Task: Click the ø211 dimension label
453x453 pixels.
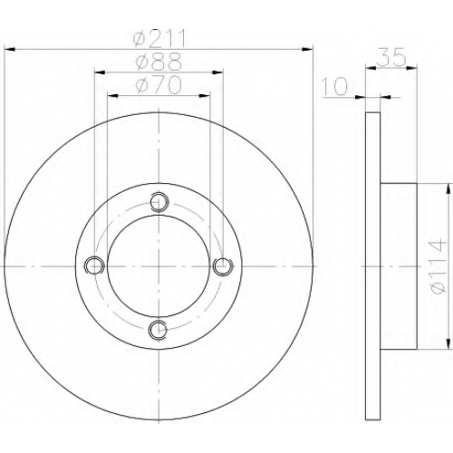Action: click(159, 38)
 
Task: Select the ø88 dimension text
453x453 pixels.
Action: click(159, 62)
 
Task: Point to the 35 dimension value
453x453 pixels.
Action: click(391, 56)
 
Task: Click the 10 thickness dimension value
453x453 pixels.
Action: click(334, 86)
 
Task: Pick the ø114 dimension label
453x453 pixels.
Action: click(439, 265)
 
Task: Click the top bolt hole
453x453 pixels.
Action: click(159, 201)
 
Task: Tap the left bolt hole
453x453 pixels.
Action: click(94, 265)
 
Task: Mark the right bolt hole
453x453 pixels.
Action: click(223, 265)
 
